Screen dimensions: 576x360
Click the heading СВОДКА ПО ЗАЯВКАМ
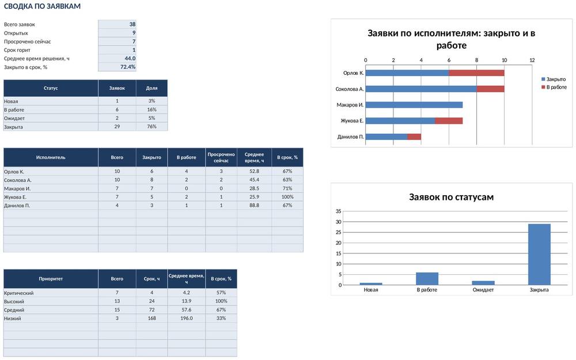click(x=42, y=6)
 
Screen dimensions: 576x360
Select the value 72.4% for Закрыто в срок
click(x=128, y=67)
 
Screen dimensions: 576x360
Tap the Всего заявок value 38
click(x=132, y=24)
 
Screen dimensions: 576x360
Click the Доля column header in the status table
click(x=151, y=88)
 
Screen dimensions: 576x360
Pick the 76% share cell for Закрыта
click(x=151, y=126)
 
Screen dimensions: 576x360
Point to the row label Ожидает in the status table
click(x=14, y=118)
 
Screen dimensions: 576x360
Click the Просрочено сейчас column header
click(x=221, y=157)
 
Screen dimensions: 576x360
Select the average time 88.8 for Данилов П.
click(x=254, y=206)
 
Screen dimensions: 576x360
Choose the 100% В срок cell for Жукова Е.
click(x=287, y=197)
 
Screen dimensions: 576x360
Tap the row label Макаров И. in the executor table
click(x=17, y=188)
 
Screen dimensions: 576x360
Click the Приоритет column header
click(x=51, y=279)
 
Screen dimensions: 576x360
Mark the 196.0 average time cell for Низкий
click(x=186, y=318)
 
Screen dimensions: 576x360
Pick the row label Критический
click(x=19, y=293)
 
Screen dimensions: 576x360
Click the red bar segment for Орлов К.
click(x=476, y=73)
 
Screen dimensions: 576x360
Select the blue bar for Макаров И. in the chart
click(x=414, y=105)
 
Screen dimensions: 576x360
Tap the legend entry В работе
click(x=554, y=87)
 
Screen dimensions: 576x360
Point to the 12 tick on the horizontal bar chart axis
click(x=532, y=60)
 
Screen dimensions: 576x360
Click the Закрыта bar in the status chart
click(x=539, y=254)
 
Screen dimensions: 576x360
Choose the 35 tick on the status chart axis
click(x=338, y=211)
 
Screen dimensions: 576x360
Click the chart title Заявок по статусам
click(x=451, y=197)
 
